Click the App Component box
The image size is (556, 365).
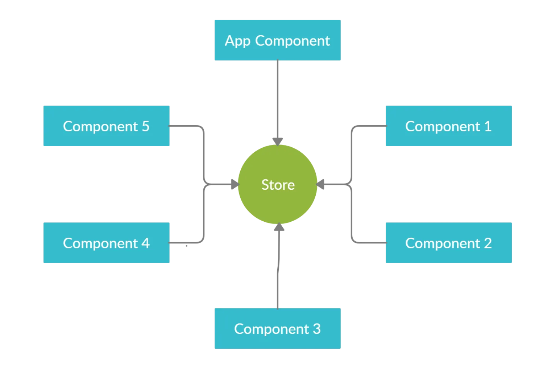277,40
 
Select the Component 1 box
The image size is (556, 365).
448,126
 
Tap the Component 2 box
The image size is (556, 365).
448,243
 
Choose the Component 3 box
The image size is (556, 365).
277,328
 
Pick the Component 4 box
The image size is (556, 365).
106,243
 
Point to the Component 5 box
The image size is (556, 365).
106,126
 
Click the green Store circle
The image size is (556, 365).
278,203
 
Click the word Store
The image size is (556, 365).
278,185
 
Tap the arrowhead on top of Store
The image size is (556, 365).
278,142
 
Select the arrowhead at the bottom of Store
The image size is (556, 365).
279,227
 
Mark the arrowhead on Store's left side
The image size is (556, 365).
235,184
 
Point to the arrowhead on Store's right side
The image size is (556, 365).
320,184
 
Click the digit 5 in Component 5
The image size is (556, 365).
145,126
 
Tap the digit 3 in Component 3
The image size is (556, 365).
317,329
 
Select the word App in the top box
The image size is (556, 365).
238,41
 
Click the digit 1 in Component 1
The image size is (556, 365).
488,126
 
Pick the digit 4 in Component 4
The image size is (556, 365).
145,243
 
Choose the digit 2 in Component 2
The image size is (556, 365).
488,243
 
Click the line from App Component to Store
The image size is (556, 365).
278,98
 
